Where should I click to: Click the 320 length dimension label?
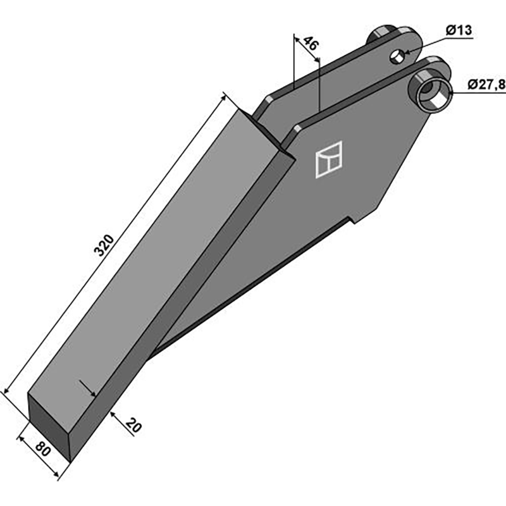point(104,245)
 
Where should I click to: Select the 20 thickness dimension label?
point(133,425)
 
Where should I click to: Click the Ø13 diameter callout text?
point(459,30)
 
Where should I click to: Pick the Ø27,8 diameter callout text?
point(486,85)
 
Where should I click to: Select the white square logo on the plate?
point(328,159)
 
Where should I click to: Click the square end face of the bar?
point(49,425)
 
